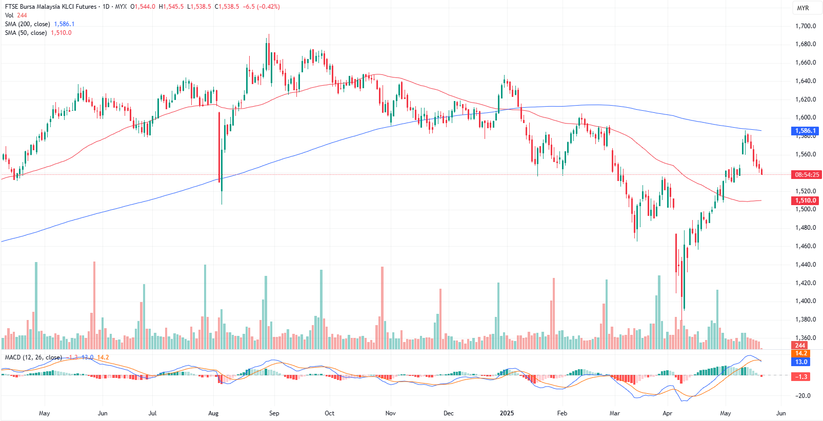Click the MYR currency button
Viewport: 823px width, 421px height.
point(802,8)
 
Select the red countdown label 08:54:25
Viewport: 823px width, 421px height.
point(807,174)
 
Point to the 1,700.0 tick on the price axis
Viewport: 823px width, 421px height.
point(806,26)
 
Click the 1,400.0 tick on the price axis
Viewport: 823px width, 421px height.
point(806,301)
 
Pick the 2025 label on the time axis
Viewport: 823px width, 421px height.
point(507,413)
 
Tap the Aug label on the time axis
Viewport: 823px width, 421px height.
point(213,413)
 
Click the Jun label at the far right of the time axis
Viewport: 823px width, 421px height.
point(781,413)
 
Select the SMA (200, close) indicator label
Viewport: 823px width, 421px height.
point(28,24)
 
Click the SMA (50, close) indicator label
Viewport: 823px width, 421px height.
point(26,33)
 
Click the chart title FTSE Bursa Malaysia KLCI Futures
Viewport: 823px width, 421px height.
point(51,7)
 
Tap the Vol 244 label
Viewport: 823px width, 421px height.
point(16,15)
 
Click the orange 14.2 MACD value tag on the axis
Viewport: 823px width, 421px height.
point(801,353)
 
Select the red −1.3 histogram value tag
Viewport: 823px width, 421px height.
point(801,377)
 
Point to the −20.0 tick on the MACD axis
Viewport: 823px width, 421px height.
point(803,396)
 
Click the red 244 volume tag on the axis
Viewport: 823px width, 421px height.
point(800,345)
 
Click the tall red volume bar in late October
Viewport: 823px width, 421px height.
point(382,308)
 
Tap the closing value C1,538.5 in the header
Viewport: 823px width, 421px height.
point(227,7)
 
